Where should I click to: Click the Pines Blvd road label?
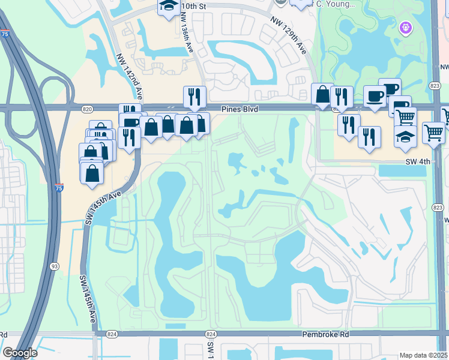click(x=240, y=109)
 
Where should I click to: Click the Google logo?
click(x=20, y=353)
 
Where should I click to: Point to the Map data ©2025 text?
click(x=424, y=355)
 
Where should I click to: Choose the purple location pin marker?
click(x=405, y=28)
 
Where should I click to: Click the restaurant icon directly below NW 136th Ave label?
click(x=194, y=96)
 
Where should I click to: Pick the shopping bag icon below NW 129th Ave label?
click(x=322, y=94)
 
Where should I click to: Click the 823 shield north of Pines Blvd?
click(x=436, y=86)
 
